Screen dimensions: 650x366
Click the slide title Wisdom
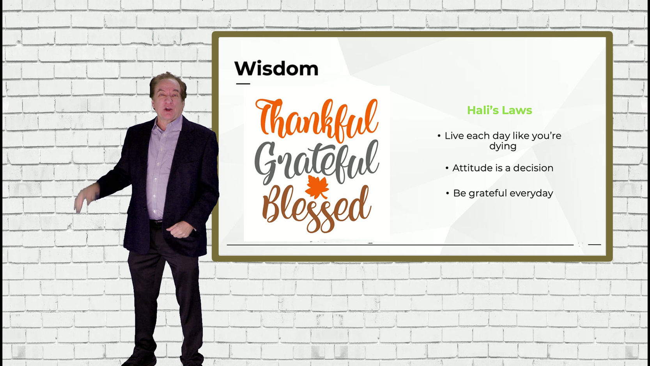276,69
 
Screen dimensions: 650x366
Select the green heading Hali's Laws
499,110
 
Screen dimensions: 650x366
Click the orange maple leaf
317,187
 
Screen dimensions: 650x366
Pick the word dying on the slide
503,146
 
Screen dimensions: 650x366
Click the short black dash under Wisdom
243,84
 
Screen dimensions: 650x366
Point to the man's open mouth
168,110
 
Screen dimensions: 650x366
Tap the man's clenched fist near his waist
179,230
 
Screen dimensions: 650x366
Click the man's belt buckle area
157,222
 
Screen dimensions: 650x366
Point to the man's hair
167,83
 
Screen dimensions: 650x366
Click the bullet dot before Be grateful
448,193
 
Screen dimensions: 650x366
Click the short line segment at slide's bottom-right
594,245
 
